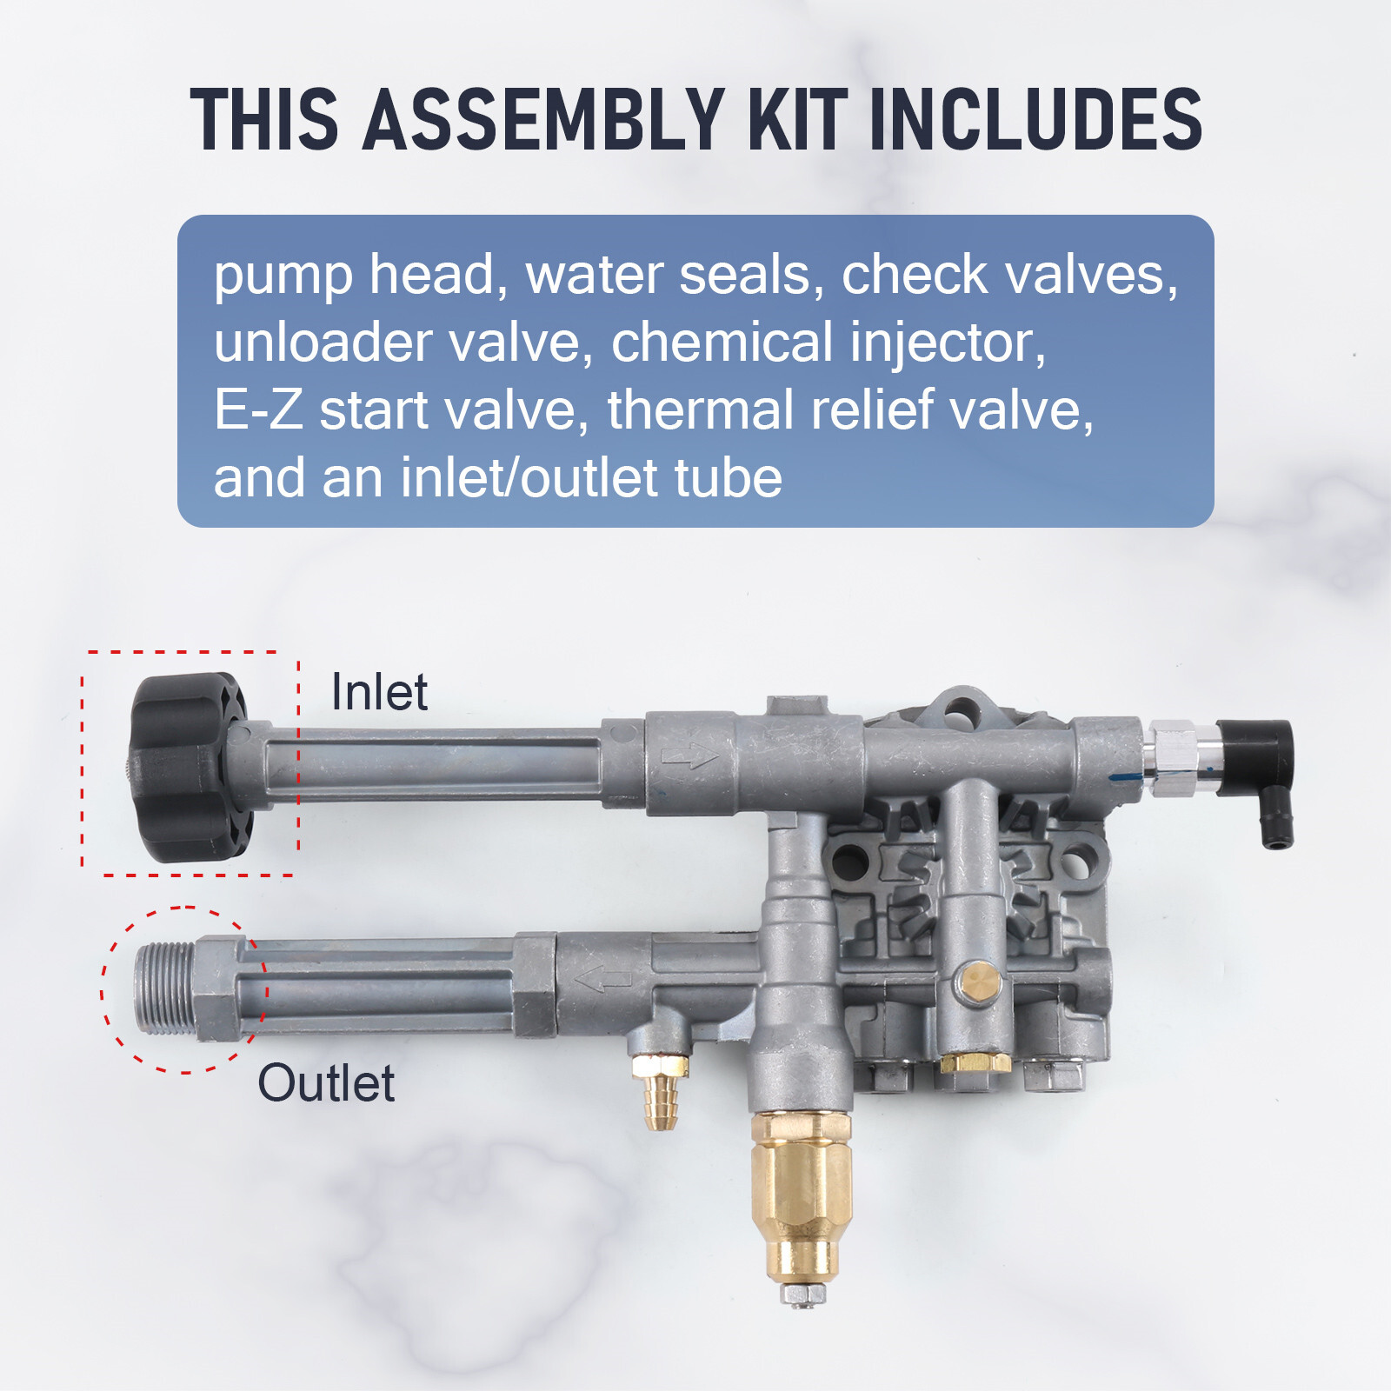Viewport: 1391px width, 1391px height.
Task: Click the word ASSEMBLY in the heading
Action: click(x=544, y=119)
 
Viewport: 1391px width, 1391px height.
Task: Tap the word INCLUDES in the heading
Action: click(x=1035, y=119)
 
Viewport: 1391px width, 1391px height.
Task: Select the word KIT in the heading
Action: click(x=797, y=119)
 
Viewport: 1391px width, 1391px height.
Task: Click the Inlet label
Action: click(x=379, y=692)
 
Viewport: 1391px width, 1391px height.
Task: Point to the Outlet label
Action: click(x=326, y=1083)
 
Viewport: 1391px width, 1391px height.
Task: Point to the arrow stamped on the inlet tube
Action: click(x=689, y=756)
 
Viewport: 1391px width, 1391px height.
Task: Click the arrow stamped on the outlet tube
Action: click(x=603, y=979)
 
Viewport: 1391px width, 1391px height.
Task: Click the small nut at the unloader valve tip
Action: click(x=802, y=1294)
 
